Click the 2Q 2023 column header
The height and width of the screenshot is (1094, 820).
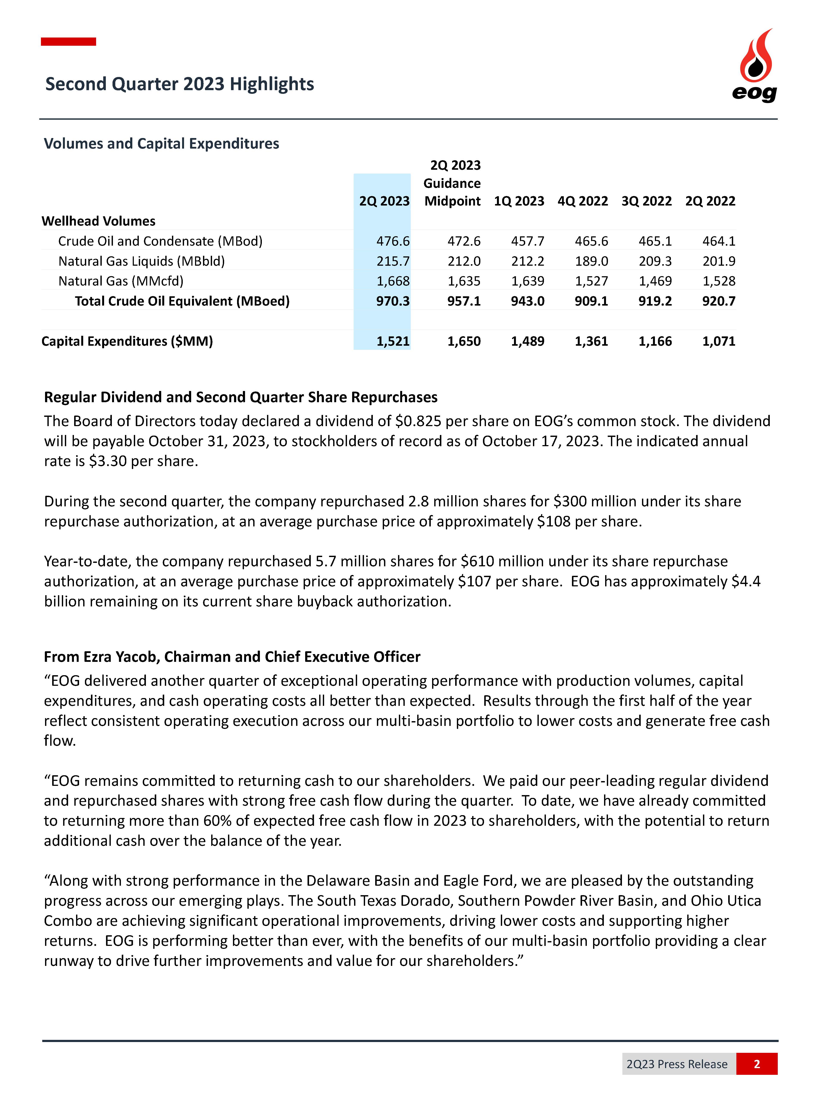click(x=384, y=201)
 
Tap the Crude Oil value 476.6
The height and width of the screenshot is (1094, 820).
click(x=393, y=241)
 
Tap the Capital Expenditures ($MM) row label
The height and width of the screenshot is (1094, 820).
click(x=127, y=341)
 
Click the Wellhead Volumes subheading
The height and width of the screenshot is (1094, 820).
click(x=98, y=221)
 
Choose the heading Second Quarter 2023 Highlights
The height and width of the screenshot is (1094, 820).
click(x=180, y=84)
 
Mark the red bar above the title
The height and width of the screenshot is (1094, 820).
click(x=68, y=42)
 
